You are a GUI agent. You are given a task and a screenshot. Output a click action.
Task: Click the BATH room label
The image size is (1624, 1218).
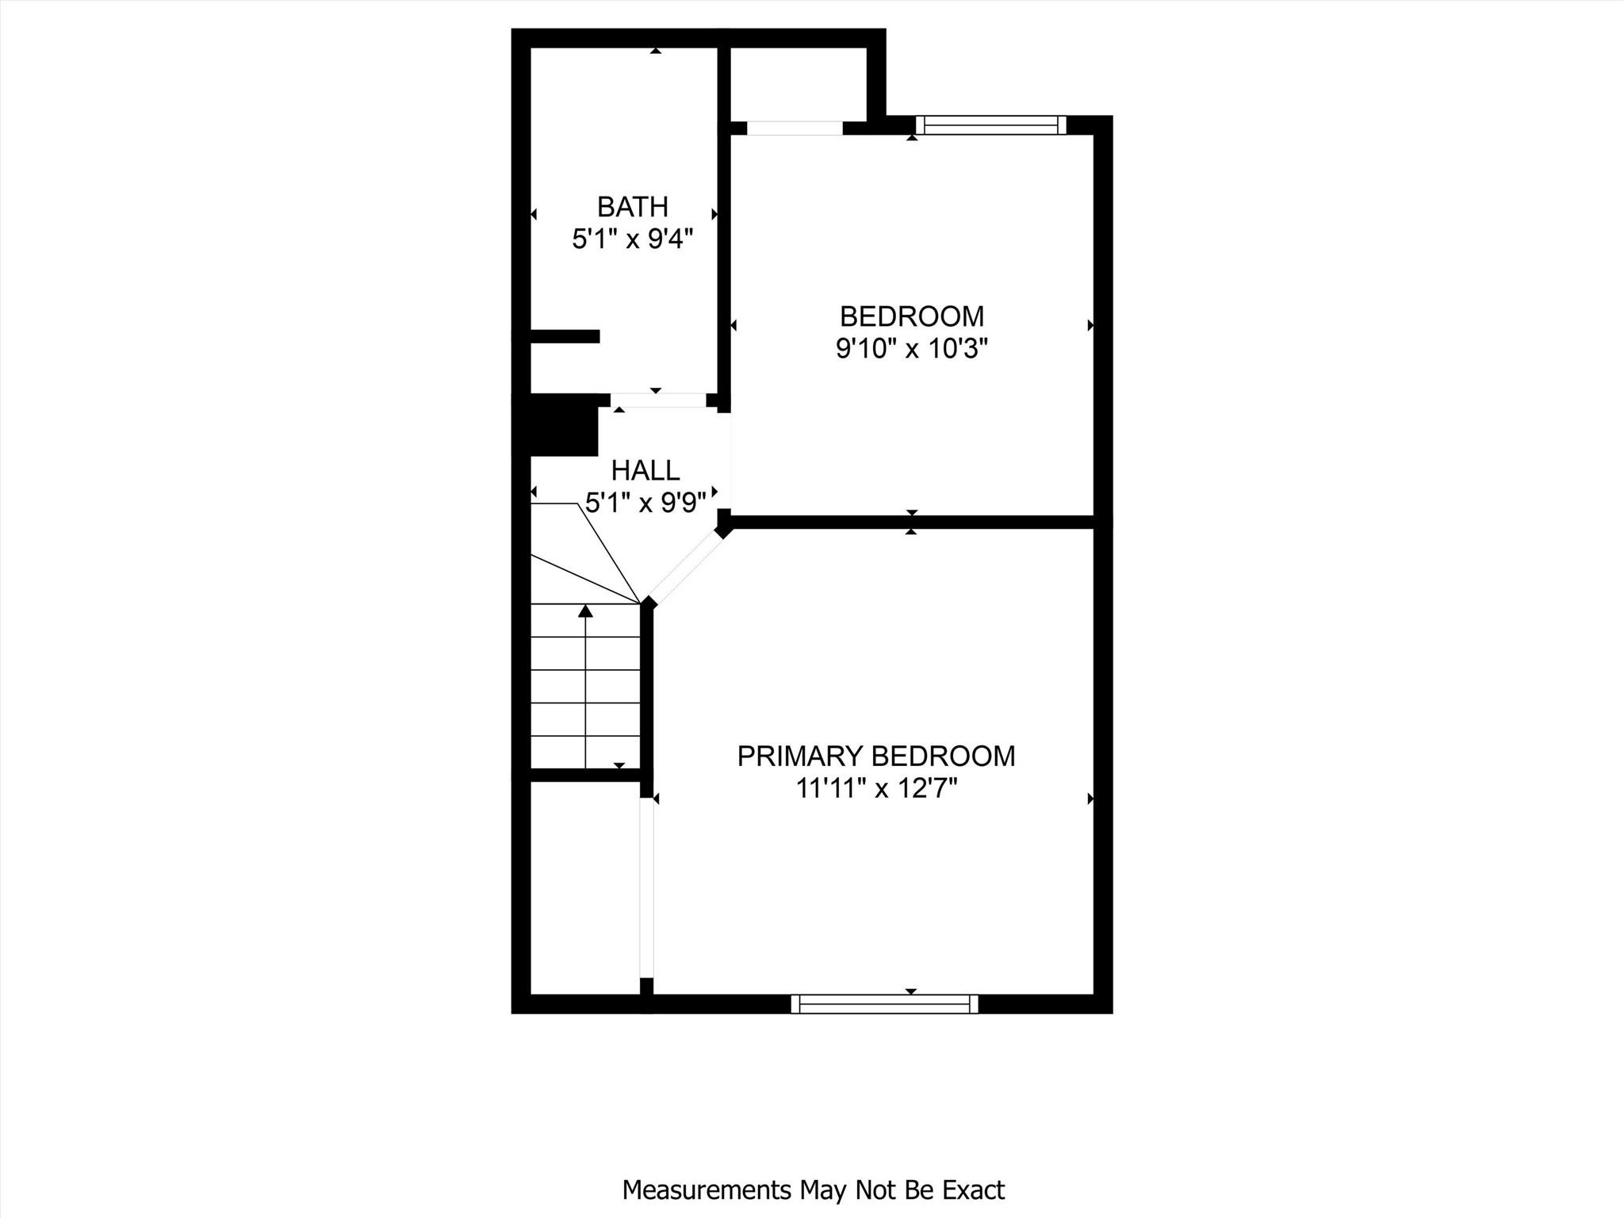click(632, 207)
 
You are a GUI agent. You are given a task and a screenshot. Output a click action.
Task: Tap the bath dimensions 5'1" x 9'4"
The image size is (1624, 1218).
click(632, 239)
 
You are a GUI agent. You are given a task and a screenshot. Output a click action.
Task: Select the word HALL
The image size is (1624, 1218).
click(645, 471)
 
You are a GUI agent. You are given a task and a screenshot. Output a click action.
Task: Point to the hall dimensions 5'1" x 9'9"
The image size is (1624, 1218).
click(645, 503)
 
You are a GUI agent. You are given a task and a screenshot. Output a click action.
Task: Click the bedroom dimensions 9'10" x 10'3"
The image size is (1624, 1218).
click(911, 349)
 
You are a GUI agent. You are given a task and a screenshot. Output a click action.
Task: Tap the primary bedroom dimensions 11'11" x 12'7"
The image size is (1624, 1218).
click(876, 789)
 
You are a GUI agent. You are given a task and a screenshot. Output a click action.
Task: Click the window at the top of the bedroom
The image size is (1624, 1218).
click(990, 125)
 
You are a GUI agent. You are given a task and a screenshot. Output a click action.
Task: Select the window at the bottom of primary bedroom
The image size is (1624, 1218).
click(884, 1004)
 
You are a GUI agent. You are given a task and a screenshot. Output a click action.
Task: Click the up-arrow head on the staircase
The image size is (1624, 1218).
click(585, 611)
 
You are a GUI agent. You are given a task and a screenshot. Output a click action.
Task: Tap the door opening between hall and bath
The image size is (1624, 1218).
click(657, 401)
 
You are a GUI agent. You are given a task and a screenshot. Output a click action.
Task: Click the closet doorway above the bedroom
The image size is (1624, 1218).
click(794, 128)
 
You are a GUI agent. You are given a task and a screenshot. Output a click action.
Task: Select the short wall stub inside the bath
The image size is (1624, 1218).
click(564, 336)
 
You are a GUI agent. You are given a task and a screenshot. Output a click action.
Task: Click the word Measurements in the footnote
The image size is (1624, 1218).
click(707, 1190)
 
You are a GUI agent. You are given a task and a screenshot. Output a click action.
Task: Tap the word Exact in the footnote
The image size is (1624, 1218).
click(973, 1190)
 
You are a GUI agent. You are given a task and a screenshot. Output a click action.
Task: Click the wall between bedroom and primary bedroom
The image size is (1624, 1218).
click(912, 522)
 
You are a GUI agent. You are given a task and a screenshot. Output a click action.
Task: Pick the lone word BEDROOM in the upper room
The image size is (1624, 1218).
click(911, 316)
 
